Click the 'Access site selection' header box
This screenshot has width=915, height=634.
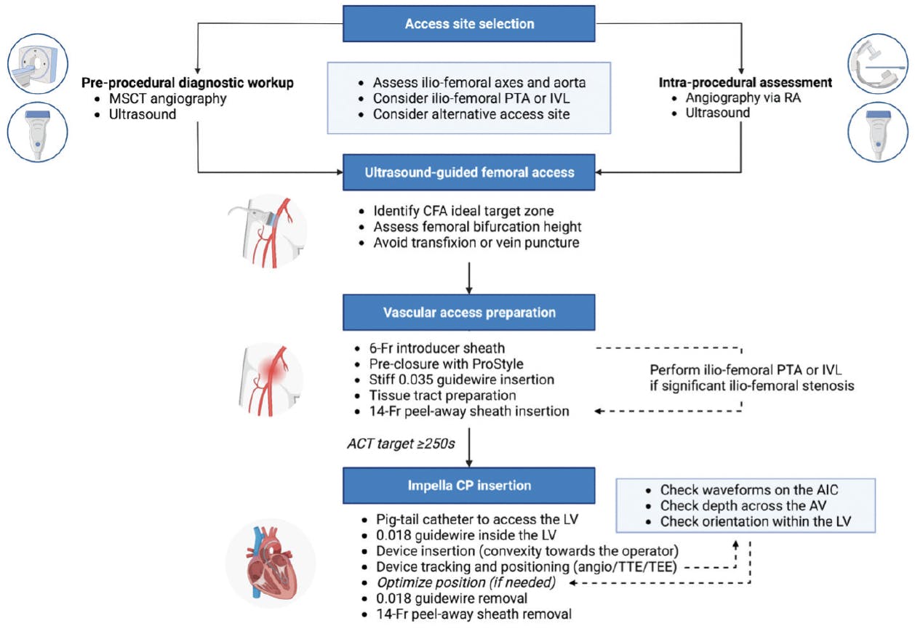click(x=469, y=24)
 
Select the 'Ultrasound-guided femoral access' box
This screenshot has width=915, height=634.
click(x=469, y=172)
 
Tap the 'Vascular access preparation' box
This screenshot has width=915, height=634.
click(x=469, y=313)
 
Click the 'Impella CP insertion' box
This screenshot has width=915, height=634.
click(x=469, y=484)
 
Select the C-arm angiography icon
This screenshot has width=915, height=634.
click(x=878, y=65)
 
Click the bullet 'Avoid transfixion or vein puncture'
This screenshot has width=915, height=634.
click(x=476, y=243)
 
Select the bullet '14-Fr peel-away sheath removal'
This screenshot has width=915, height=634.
click(x=467, y=615)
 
